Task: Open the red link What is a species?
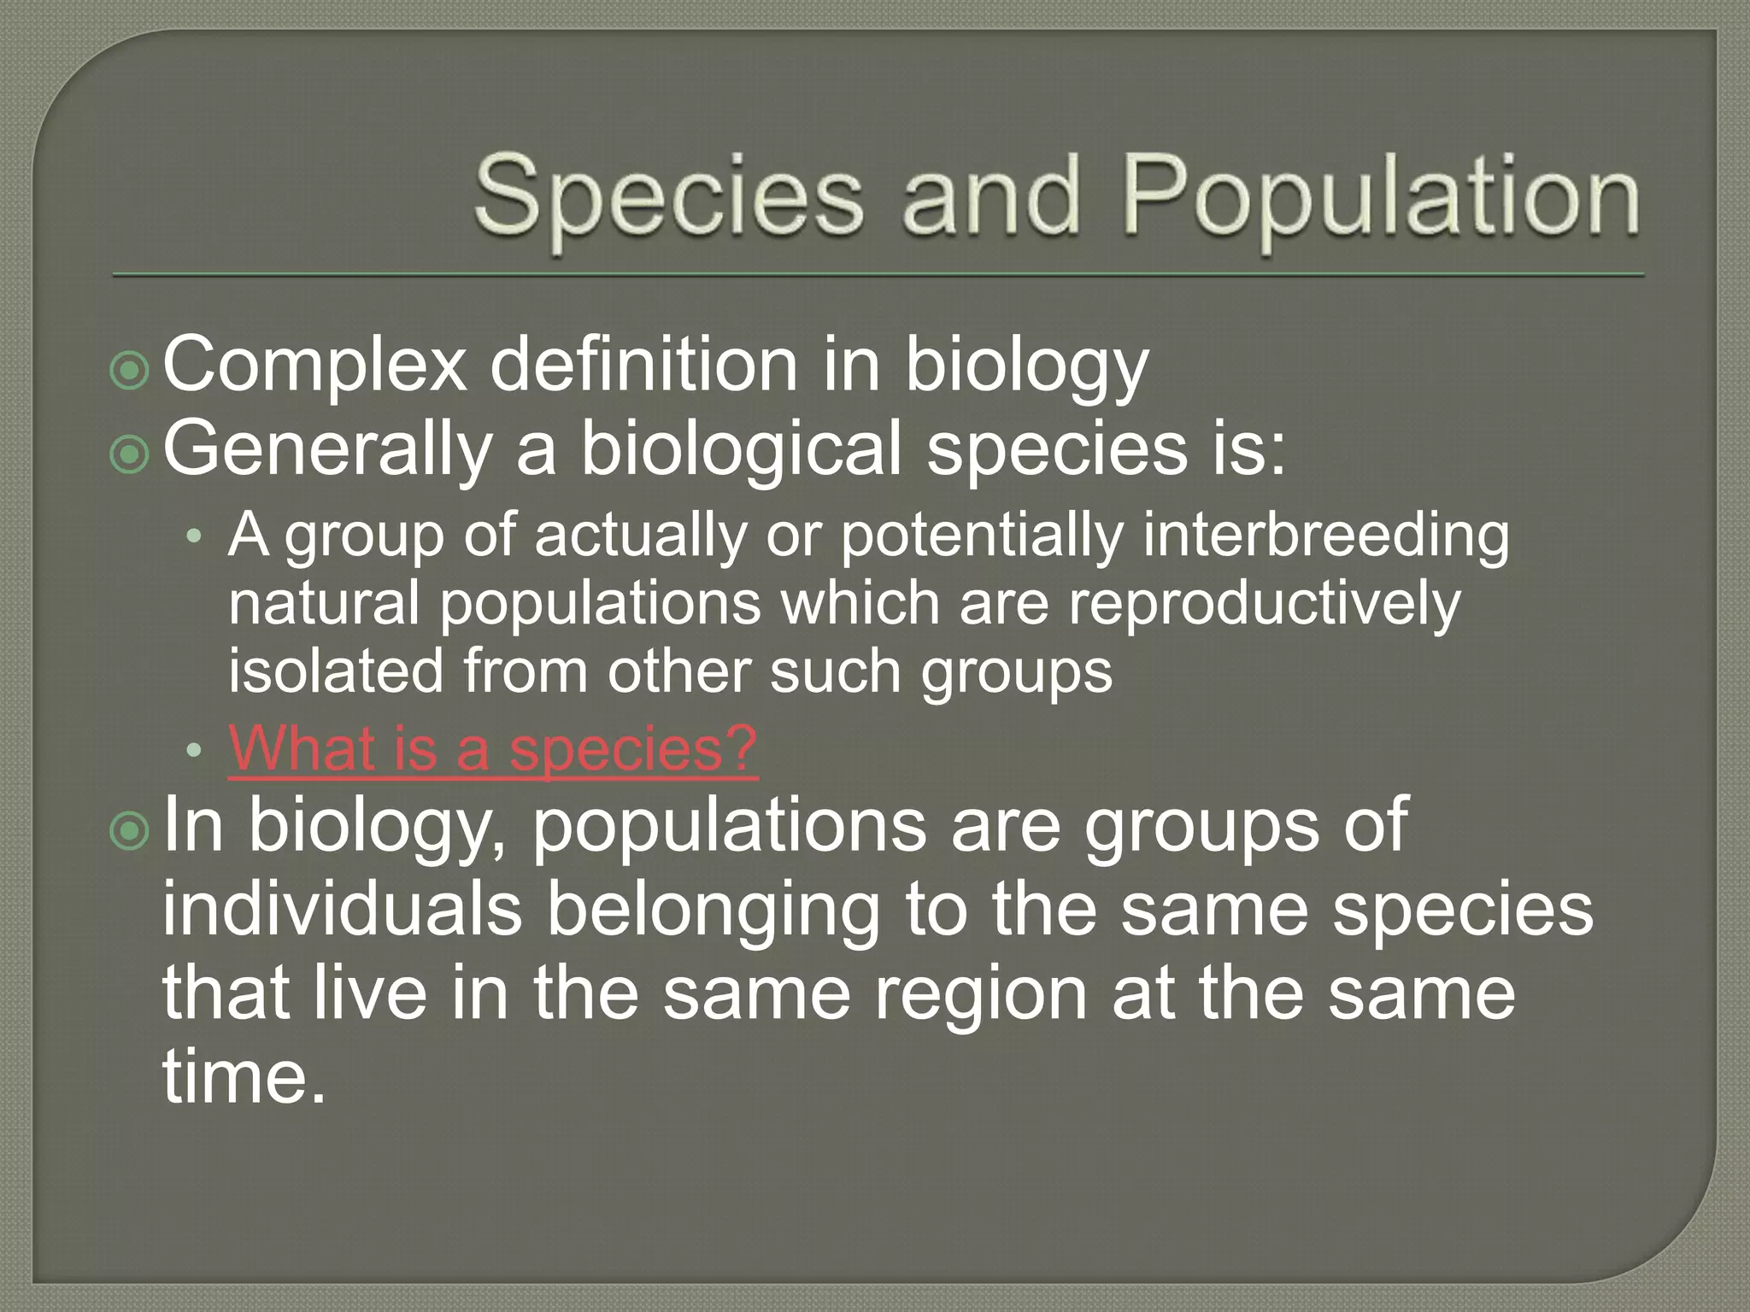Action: coord(493,749)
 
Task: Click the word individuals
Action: coord(342,909)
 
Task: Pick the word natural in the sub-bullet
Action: coord(324,603)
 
